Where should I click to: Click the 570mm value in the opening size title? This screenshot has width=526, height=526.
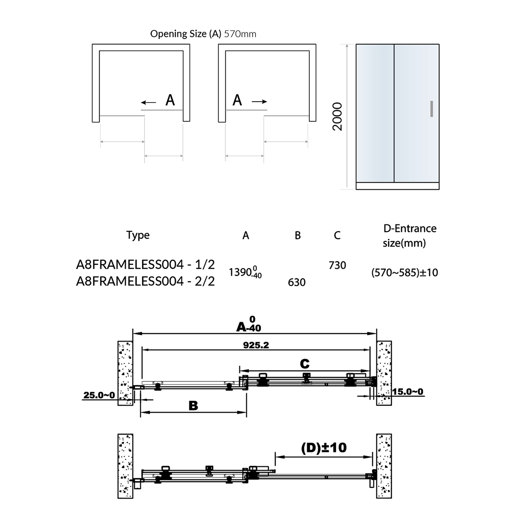[x=240, y=34]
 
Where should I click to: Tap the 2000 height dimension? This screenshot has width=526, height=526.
[x=338, y=117]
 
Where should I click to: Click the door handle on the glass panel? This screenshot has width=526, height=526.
[x=432, y=109]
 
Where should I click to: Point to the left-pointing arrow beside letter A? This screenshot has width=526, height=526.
[x=149, y=103]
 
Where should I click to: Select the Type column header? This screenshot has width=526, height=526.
[x=138, y=235]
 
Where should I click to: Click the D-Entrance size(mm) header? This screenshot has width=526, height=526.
[x=409, y=235]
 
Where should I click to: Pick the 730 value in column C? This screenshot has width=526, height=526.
[x=337, y=265]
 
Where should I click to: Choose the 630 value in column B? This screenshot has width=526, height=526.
[x=297, y=282]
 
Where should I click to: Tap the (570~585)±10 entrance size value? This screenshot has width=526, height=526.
[x=405, y=273]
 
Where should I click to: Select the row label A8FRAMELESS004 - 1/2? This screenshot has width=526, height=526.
[x=146, y=265]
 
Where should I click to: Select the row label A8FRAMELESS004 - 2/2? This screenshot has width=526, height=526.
[x=146, y=281]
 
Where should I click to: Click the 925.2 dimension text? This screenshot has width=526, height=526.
[x=256, y=345]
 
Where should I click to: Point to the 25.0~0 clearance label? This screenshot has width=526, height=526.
[x=99, y=395]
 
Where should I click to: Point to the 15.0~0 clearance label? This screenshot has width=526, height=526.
[x=408, y=391]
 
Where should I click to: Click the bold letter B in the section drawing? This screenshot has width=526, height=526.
[x=193, y=406]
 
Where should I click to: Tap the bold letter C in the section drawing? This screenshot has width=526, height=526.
[x=305, y=363]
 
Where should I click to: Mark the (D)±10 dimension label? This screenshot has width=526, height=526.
[x=324, y=448]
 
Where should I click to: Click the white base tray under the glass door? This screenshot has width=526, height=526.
[x=398, y=186]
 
